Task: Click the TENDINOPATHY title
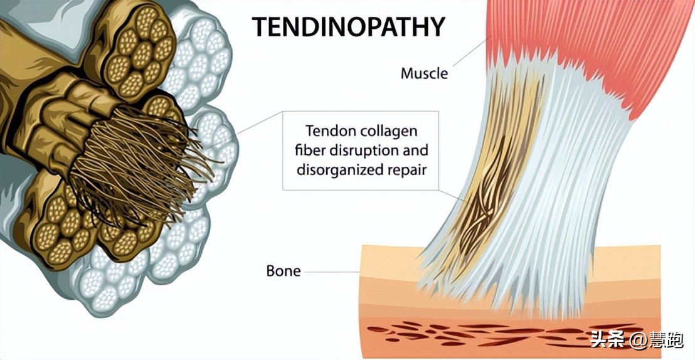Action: (349, 27)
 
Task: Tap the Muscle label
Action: (424, 73)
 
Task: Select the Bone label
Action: (284, 271)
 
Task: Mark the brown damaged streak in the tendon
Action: (496, 182)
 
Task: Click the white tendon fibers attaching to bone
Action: (539, 251)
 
